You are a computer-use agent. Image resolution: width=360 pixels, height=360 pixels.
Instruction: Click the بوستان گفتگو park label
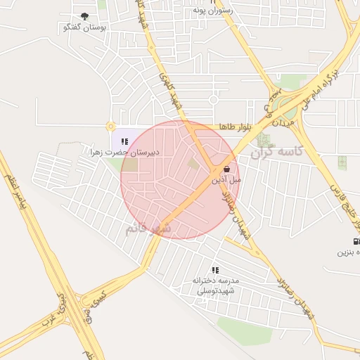pos(84,27)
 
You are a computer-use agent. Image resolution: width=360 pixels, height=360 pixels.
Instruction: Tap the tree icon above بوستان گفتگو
pos(84,16)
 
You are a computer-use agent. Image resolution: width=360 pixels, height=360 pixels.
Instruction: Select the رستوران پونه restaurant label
pos(214,11)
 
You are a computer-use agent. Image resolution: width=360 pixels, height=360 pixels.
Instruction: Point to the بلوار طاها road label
pos(234,126)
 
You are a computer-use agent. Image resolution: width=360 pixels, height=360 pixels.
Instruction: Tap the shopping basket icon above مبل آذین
pos(226,169)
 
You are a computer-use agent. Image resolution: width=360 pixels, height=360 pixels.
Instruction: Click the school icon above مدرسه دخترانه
pos(215,269)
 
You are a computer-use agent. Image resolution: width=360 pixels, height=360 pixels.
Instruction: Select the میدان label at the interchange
pos(293,125)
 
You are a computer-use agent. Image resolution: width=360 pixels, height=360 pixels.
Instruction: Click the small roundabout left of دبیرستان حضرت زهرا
pos(110,127)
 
